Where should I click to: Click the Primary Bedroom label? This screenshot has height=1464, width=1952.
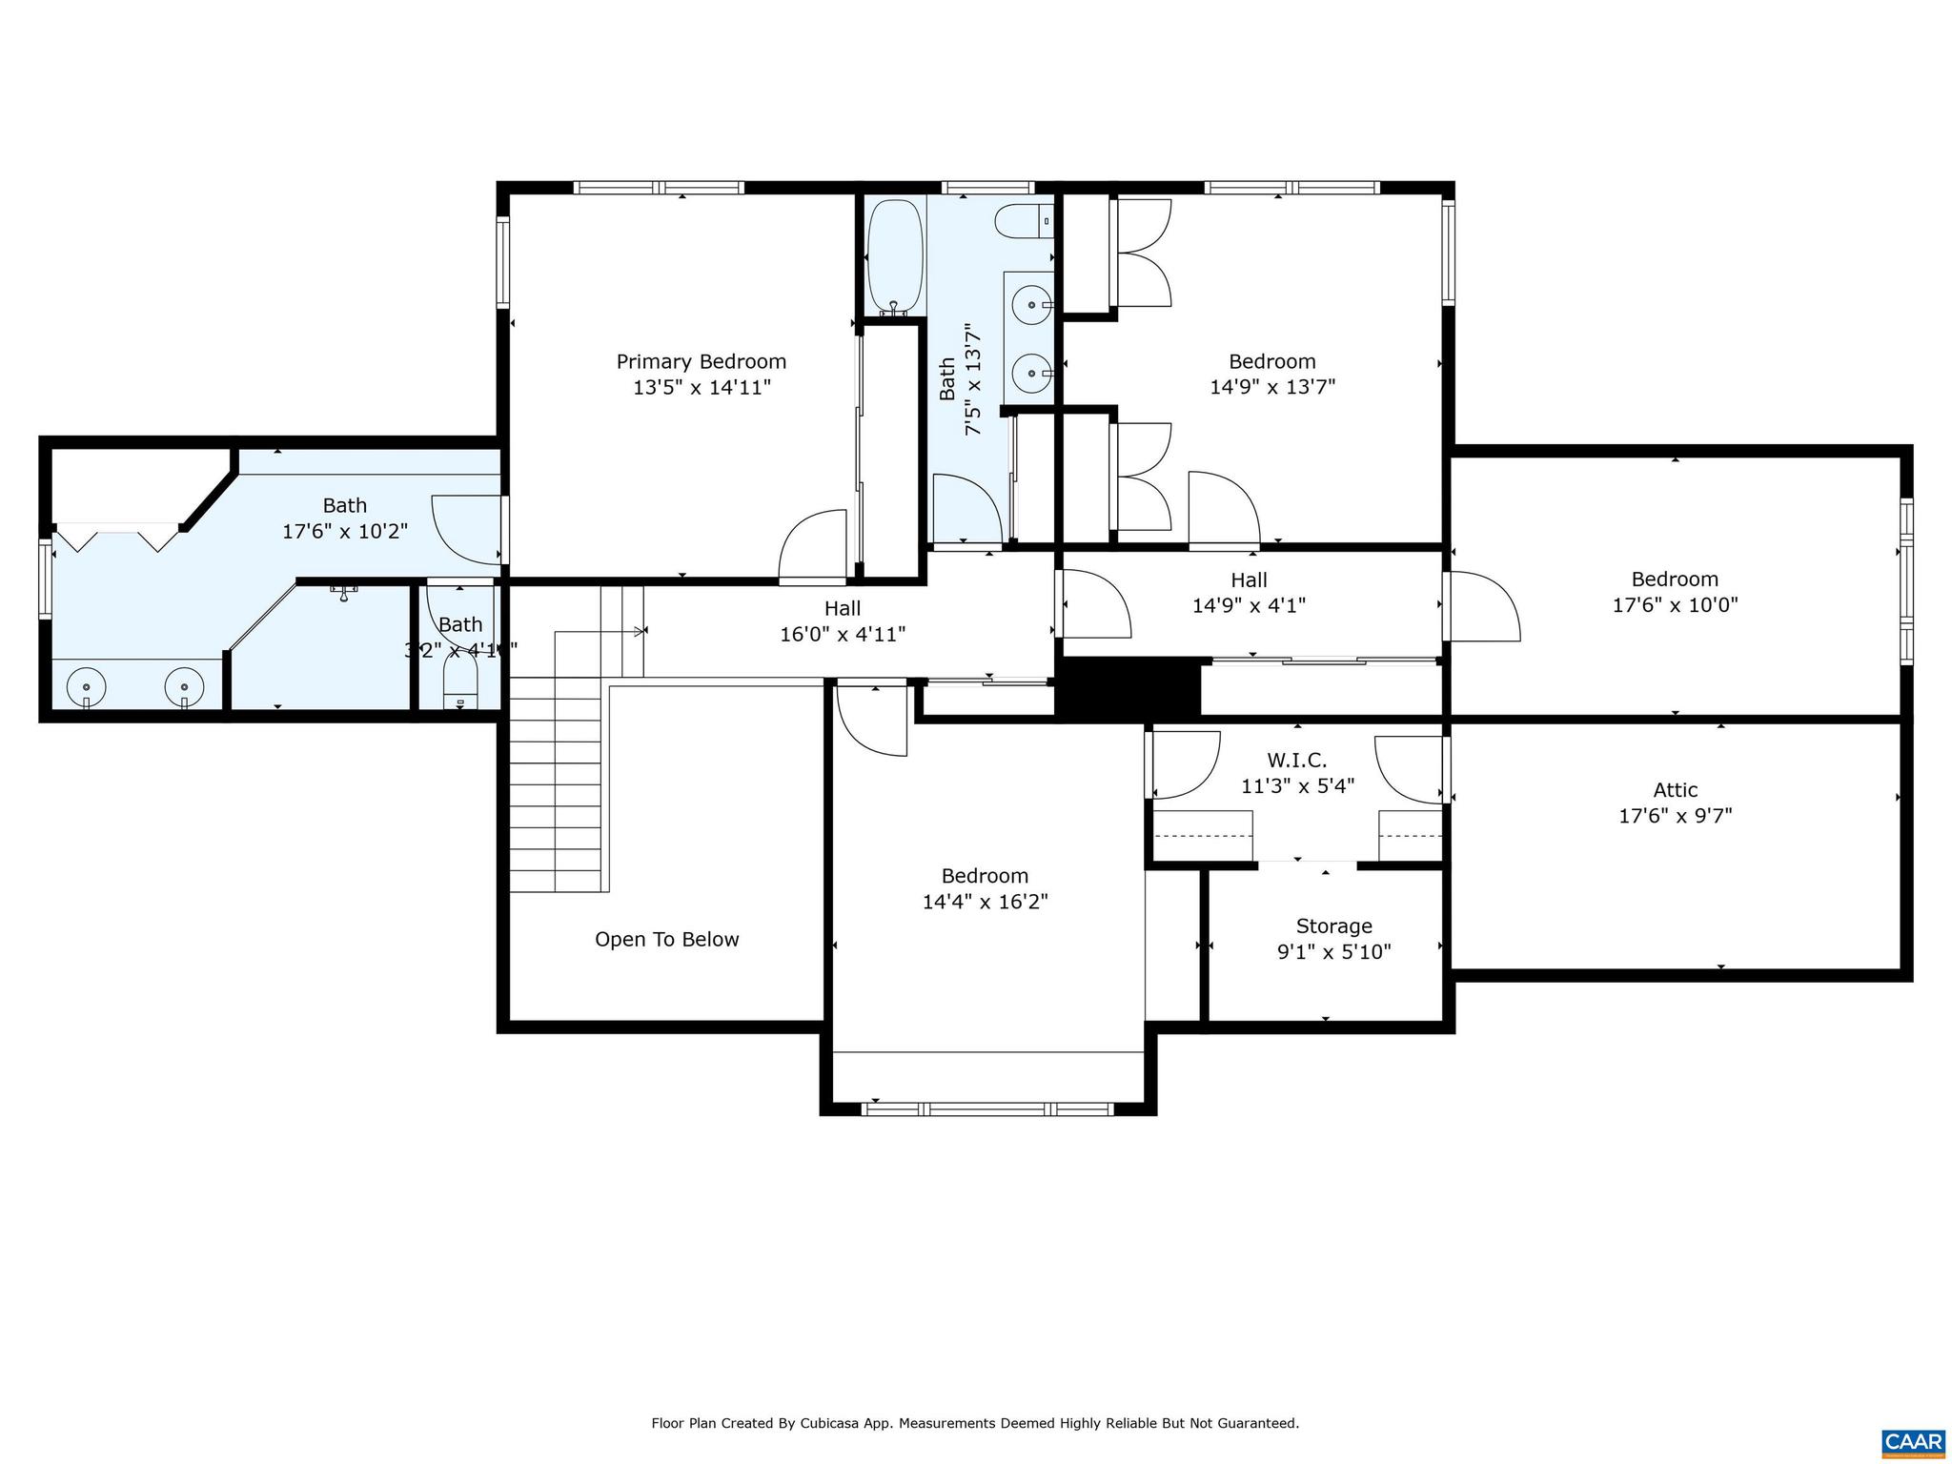701,362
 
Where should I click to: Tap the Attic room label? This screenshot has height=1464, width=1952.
1675,790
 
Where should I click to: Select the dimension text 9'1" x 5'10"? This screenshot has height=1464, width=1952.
1333,951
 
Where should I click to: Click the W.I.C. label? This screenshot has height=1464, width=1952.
1296,761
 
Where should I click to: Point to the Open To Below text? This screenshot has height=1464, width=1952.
666,940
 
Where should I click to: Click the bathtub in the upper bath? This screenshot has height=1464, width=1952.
894,255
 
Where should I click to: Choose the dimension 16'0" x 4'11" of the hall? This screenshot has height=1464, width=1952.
843,634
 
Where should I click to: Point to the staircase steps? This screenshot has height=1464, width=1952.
558,782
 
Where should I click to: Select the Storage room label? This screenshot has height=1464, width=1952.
1333,926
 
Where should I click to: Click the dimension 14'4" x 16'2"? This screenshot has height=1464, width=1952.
985,902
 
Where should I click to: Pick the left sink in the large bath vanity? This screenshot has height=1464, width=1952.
87,686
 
